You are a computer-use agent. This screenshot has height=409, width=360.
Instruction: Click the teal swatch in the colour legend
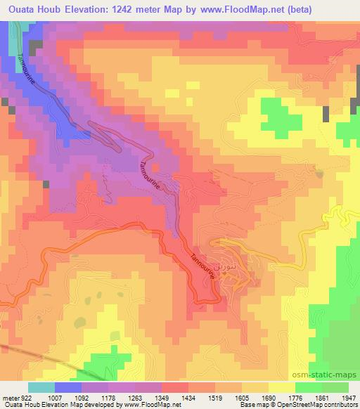pos(41,387)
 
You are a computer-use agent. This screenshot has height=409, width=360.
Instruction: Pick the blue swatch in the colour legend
pos(68,387)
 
